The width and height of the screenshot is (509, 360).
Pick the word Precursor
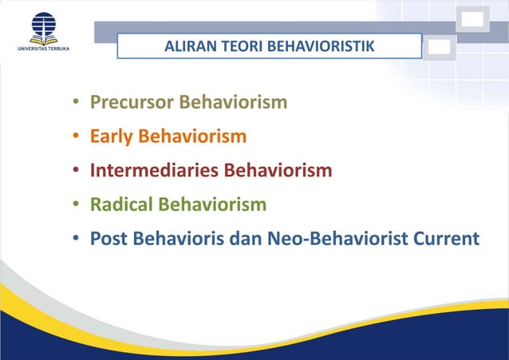131,103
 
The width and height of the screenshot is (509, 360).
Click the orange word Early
111,137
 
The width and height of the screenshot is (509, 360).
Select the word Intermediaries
154,171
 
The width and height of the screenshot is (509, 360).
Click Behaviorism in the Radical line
212,205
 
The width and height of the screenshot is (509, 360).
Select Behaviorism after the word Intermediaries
278,171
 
